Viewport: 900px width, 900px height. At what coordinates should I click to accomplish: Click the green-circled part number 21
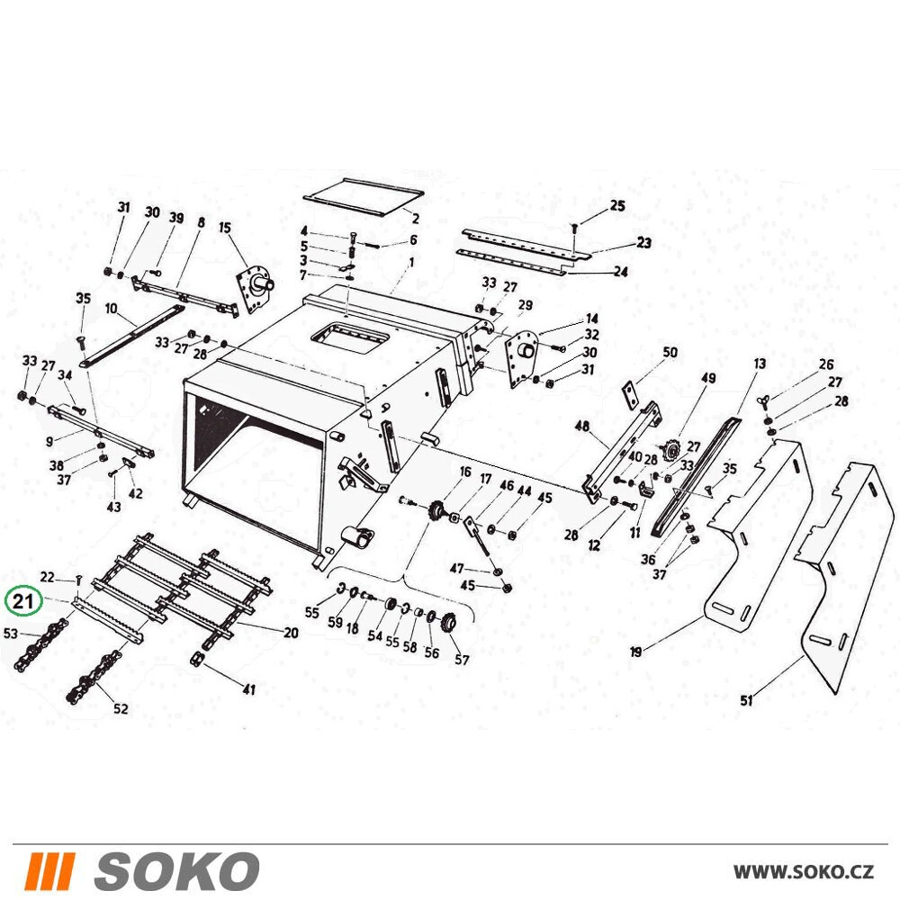click(22, 601)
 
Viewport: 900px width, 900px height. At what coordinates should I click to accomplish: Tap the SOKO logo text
click(176, 871)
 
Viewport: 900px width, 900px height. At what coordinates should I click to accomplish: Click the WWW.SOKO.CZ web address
click(804, 872)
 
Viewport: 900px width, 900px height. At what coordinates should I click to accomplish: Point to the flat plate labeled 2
click(364, 196)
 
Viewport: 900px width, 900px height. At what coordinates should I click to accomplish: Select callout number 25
click(617, 205)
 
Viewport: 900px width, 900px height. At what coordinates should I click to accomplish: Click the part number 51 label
click(746, 700)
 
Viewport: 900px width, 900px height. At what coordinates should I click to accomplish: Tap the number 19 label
click(636, 652)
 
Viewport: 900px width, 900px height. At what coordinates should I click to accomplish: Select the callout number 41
click(248, 688)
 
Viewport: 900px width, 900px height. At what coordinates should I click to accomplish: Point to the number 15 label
click(224, 228)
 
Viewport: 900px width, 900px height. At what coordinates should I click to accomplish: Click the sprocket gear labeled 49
click(669, 449)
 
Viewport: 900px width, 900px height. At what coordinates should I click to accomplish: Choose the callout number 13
click(760, 364)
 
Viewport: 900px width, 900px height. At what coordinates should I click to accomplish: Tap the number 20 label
click(291, 633)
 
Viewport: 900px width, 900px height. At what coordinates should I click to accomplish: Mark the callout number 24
click(620, 271)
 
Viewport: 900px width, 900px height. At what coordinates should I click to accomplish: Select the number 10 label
click(112, 309)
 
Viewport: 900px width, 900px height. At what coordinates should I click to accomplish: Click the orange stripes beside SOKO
click(49, 871)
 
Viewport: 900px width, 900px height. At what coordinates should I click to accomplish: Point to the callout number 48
click(581, 426)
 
